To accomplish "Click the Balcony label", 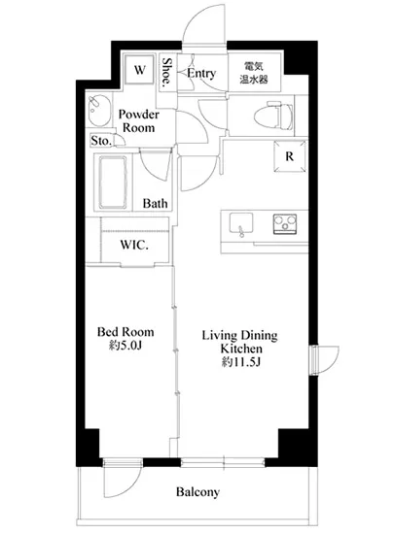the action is pyautogui.click(x=197, y=492).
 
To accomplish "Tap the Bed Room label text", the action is pyautogui.click(x=125, y=332).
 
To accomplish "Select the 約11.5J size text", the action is pyautogui.click(x=241, y=362).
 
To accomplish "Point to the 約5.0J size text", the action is pyautogui.click(x=125, y=346).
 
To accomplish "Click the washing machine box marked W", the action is pyautogui.click(x=139, y=70).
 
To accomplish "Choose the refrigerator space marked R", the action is pyautogui.click(x=290, y=156).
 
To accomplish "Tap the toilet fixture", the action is pyautogui.click(x=273, y=117).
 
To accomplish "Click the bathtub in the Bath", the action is pyautogui.click(x=113, y=182).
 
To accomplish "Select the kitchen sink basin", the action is pyautogui.click(x=241, y=223).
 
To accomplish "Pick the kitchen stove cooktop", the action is pyautogui.click(x=285, y=223).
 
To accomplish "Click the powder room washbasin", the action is pyautogui.click(x=99, y=110).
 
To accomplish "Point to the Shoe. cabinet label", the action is pyautogui.click(x=167, y=73).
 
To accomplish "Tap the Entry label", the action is pyautogui.click(x=201, y=73).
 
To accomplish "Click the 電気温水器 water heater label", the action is pyautogui.click(x=254, y=73).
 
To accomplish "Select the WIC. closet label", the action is pyautogui.click(x=134, y=245).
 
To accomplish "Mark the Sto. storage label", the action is pyautogui.click(x=101, y=141).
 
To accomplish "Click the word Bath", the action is pyautogui.click(x=156, y=203).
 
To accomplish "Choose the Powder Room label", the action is pyautogui.click(x=139, y=121).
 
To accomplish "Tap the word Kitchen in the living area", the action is pyautogui.click(x=241, y=349).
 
